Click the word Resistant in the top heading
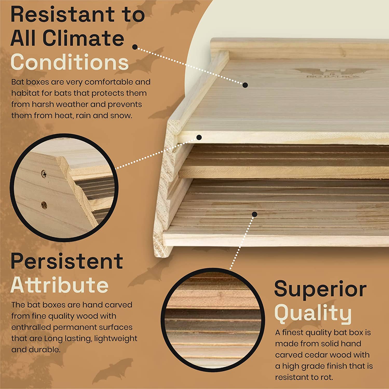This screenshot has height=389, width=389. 63,15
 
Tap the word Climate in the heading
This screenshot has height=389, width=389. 83,38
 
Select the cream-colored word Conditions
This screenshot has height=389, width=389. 70,62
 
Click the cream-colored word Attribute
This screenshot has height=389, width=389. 59,285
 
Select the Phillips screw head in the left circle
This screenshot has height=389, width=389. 44,174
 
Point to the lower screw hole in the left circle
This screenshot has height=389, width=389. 44,205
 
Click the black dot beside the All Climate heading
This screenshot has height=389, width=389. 135,47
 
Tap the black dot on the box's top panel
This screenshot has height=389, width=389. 245,85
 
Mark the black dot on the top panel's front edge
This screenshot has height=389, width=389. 199,137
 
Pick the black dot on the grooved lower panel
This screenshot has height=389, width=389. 255,214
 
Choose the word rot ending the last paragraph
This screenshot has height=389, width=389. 327,377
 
